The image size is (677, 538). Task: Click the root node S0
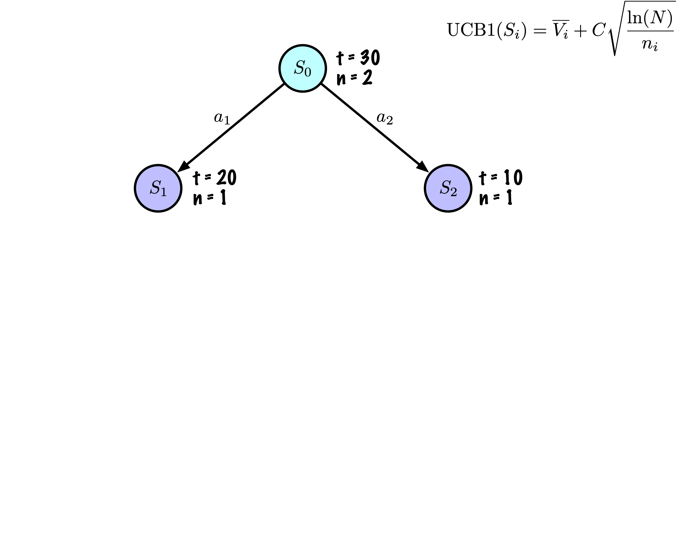[302, 68]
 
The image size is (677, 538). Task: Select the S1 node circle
[158, 188]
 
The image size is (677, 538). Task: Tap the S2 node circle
[448, 188]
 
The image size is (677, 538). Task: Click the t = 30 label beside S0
[358, 57]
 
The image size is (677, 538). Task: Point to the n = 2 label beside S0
[354, 78]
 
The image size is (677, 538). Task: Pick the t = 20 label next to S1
[214, 178]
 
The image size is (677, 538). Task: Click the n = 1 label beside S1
[210, 197]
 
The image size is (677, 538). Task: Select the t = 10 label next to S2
[501, 178]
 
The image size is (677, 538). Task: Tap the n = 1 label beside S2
[496, 197]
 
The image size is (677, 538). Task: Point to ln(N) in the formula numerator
[650, 18]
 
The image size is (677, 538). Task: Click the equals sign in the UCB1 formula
[539, 31]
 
